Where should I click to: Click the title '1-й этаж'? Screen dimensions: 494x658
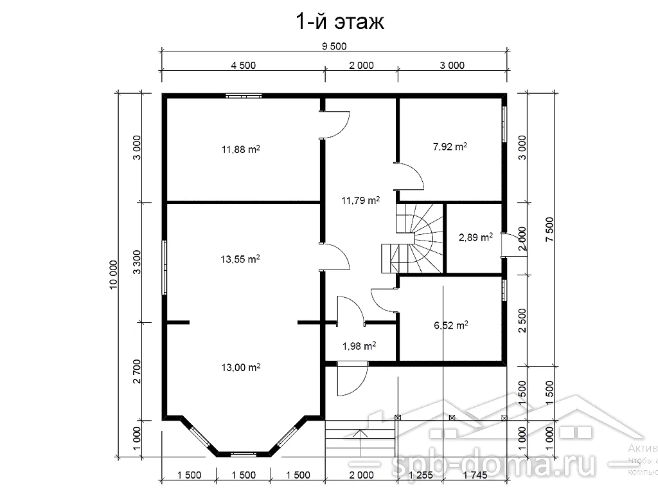pyautogui.click(x=339, y=23)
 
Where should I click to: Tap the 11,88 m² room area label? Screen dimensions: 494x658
pyautogui.click(x=240, y=150)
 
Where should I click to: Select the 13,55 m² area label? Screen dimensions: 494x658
pyautogui.click(x=240, y=260)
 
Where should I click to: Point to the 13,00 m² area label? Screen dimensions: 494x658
pyautogui.click(x=240, y=367)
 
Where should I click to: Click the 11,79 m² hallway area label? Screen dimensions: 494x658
pyautogui.click(x=360, y=200)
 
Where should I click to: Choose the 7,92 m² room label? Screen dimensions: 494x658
pyautogui.click(x=450, y=147)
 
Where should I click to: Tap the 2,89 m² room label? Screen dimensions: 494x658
pyautogui.click(x=476, y=237)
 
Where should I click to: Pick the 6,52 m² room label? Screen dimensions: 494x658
pyautogui.click(x=451, y=325)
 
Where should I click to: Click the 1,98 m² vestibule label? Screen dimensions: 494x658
pyautogui.click(x=359, y=346)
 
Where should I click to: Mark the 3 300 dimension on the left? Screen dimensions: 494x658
pyautogui.click(x=136, y=262)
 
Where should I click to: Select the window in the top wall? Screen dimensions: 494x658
pyautogui.click(x=244, y=96)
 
